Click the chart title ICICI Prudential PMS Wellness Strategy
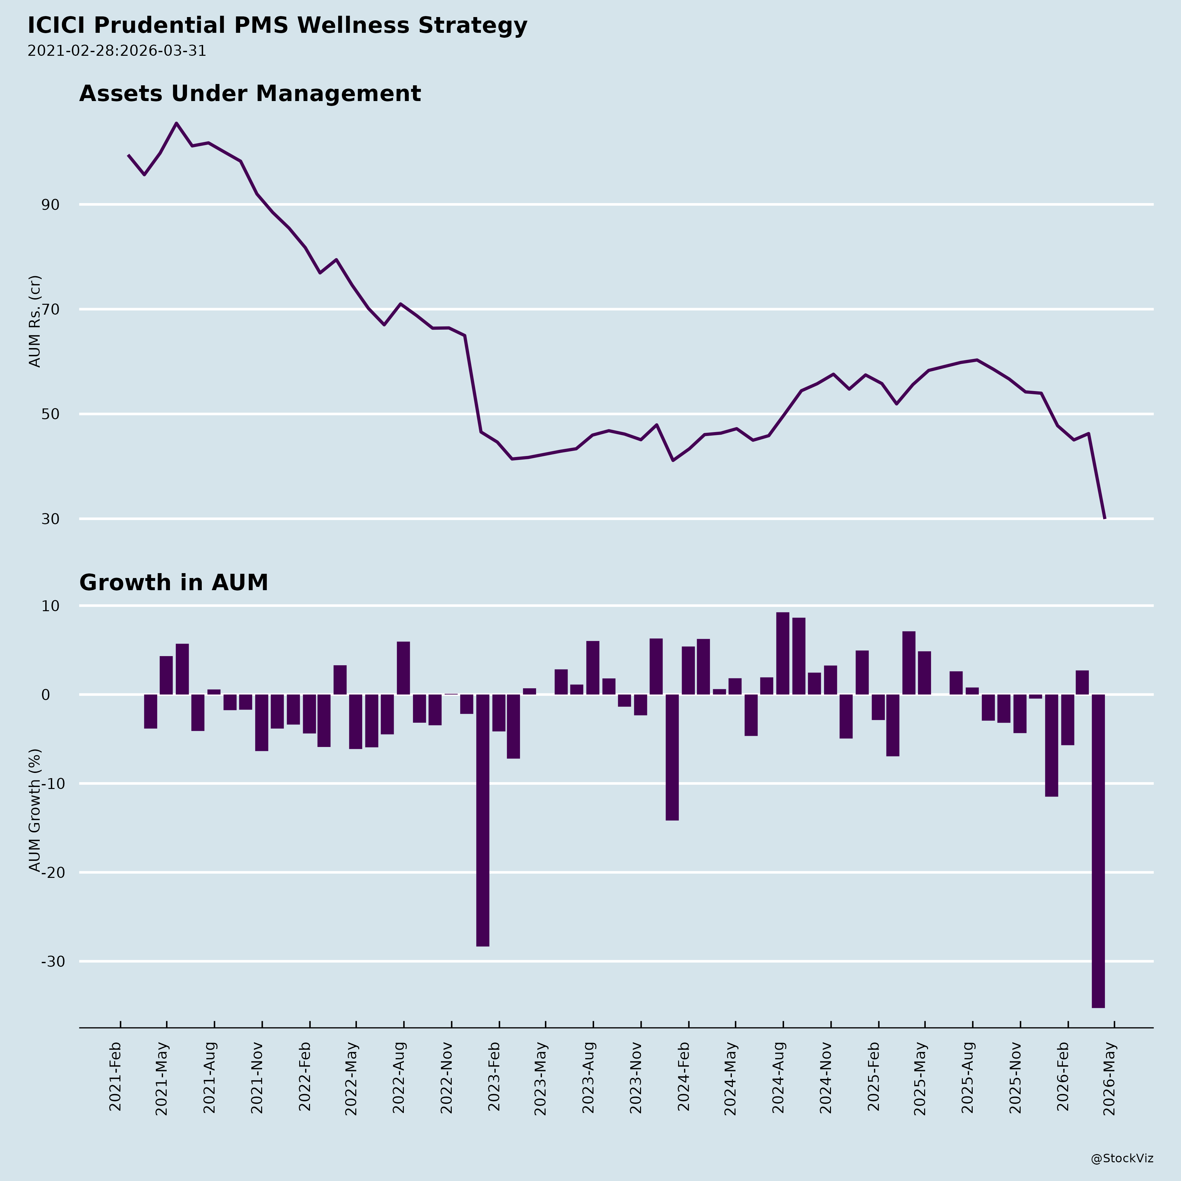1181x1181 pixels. pos(277,26)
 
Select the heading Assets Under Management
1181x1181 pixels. pos(250,93)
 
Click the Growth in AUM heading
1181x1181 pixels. pos(174,583)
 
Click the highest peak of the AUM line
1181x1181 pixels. pos(177,123)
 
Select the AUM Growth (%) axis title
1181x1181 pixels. pos(35,810)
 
